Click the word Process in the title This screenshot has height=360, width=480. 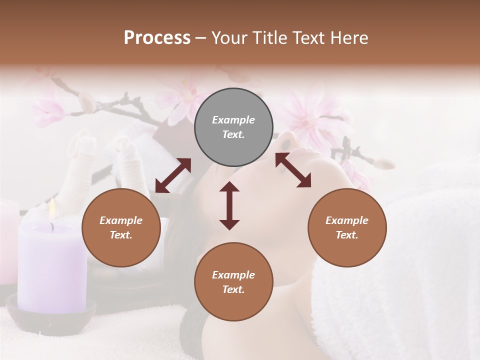157,38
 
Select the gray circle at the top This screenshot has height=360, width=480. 233,127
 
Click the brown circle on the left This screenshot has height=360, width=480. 121,227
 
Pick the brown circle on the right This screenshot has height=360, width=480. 347,227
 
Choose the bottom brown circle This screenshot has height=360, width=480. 233,282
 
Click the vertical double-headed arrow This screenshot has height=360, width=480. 229,205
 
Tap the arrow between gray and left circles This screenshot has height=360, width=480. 173,175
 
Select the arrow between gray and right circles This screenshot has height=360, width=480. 293,170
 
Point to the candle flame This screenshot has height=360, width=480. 52,207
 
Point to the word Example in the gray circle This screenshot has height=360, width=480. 233,120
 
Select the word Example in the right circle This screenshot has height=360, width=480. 347,220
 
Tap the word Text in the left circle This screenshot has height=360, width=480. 120,235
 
